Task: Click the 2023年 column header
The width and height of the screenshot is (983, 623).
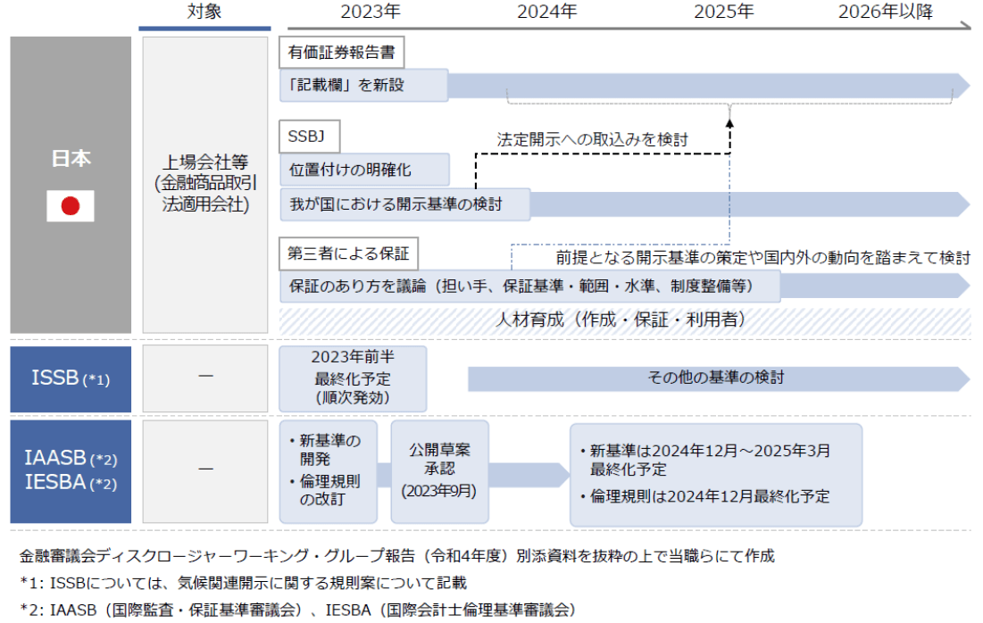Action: pyautogui.click(x=371, y=12)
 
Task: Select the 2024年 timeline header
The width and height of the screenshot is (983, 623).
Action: pyautogui.click(x=547, y=12)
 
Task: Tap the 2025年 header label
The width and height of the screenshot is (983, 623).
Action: pyautogui.click(x=724, y=12)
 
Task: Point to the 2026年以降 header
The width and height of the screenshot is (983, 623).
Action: pyautogui.click(x=885, y=12)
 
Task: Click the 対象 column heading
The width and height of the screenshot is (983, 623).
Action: pyautogui.click(x=204, y=12)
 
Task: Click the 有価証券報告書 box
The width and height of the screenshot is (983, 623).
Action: pyautogui.click(x=342, y=52)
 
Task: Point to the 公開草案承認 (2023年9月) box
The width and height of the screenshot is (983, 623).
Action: pyautogui.click(x=439, y=471)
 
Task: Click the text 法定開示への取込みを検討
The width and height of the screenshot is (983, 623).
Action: pyautogui.click(x=593, y=139)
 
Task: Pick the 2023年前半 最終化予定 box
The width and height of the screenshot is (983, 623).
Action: pyautogui.click(x=353, y=378)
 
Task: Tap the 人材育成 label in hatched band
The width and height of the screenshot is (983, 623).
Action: pyautogui.click(x=623, y=320)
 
